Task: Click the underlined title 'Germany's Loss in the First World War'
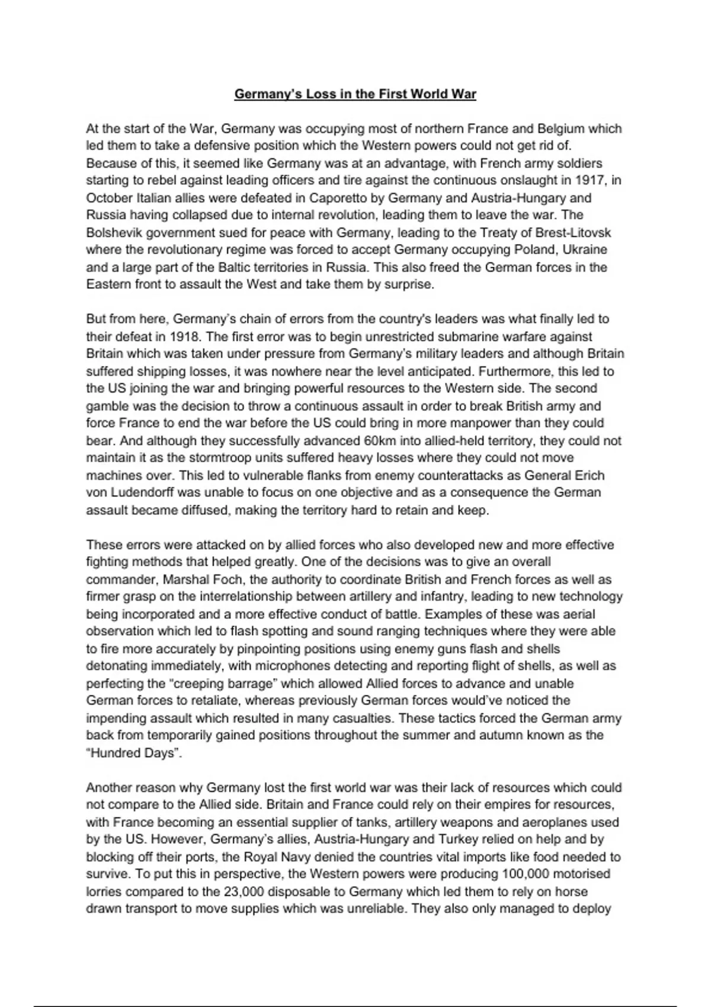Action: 355,94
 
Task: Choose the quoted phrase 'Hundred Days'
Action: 134,753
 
